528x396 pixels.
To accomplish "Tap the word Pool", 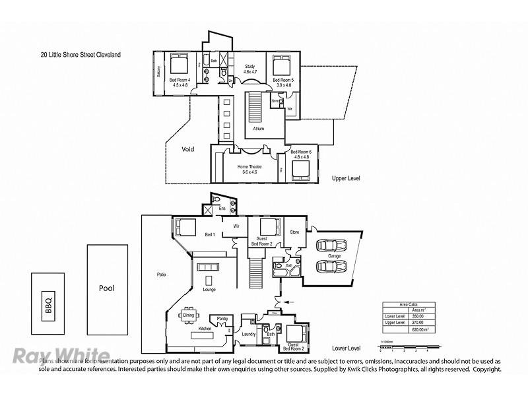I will [x=107, y=288].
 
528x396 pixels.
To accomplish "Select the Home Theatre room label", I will [x=250, y=167].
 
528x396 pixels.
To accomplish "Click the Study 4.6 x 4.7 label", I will [x=250, y=69].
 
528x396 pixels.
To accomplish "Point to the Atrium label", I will [x=258, y=129].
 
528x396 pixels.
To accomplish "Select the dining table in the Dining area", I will [x=189, y=315].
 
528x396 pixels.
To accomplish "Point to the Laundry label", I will [x=248, y=334].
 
